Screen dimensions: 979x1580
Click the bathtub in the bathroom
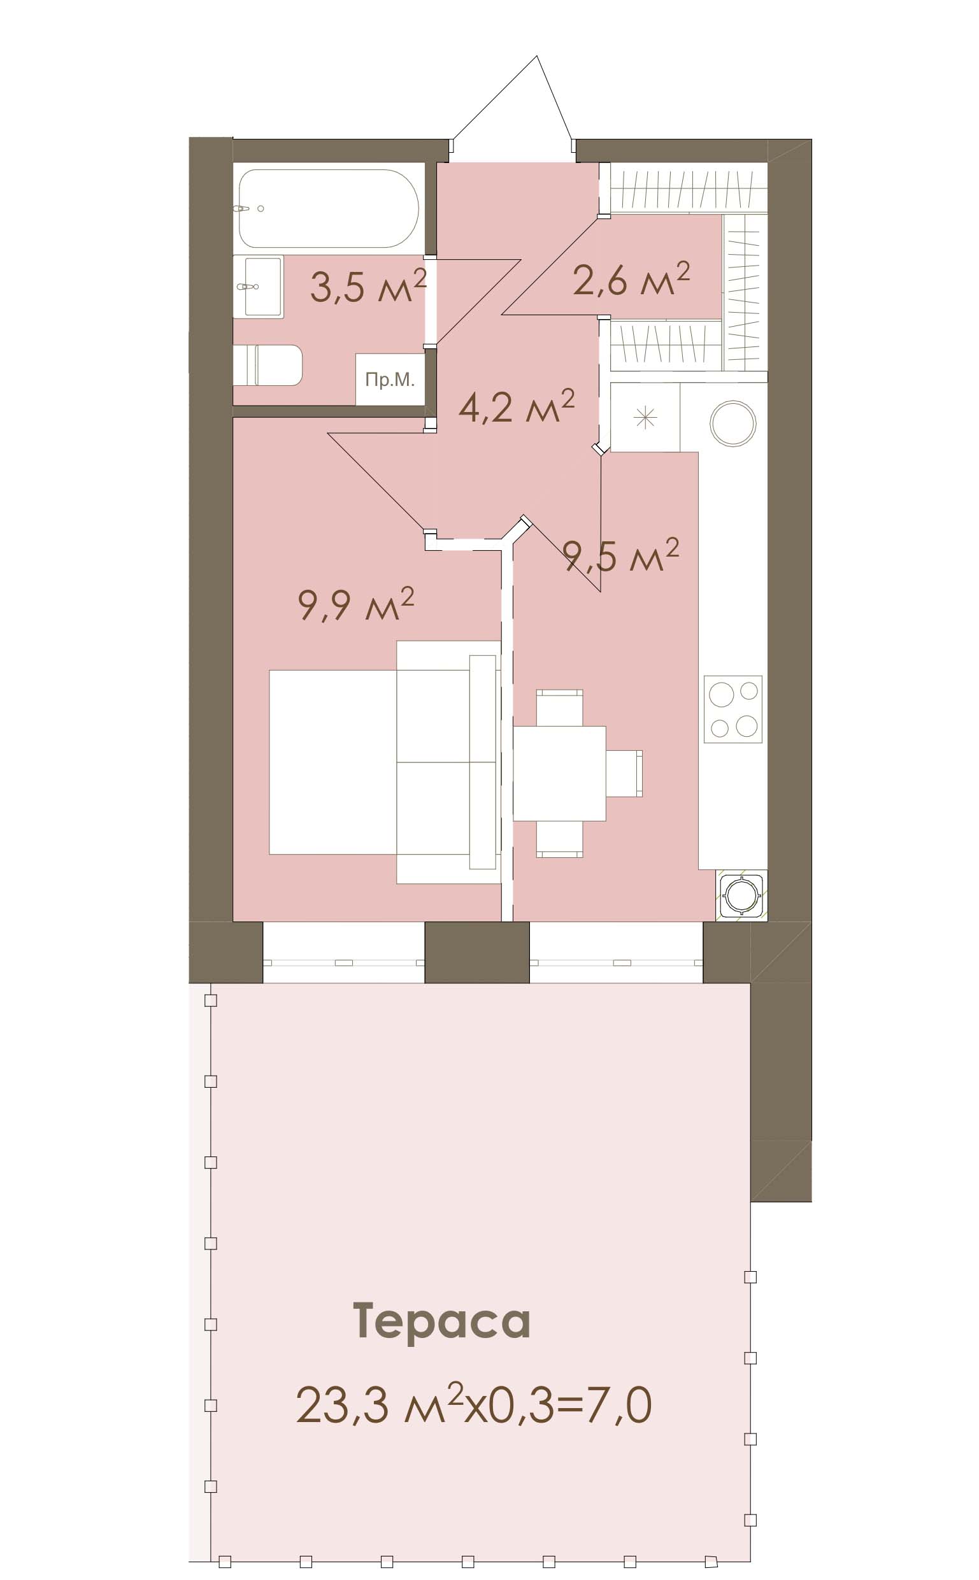point(328,208)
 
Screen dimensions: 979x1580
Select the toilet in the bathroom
point(268,365)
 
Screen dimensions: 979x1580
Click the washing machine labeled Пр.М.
point(390,380)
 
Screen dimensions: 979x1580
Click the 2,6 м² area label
point(631,279)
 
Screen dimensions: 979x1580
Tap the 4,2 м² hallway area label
point(516,406)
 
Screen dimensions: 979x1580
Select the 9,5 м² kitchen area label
point(622,556)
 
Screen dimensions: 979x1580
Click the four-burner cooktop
point(733,709)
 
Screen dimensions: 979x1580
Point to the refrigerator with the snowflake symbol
point(645,417)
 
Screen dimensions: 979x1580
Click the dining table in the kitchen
point(560,773)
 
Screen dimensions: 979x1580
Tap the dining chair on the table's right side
point(625,773)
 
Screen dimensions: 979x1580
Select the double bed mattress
point(332,762)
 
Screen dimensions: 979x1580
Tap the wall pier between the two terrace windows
point(477,952)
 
